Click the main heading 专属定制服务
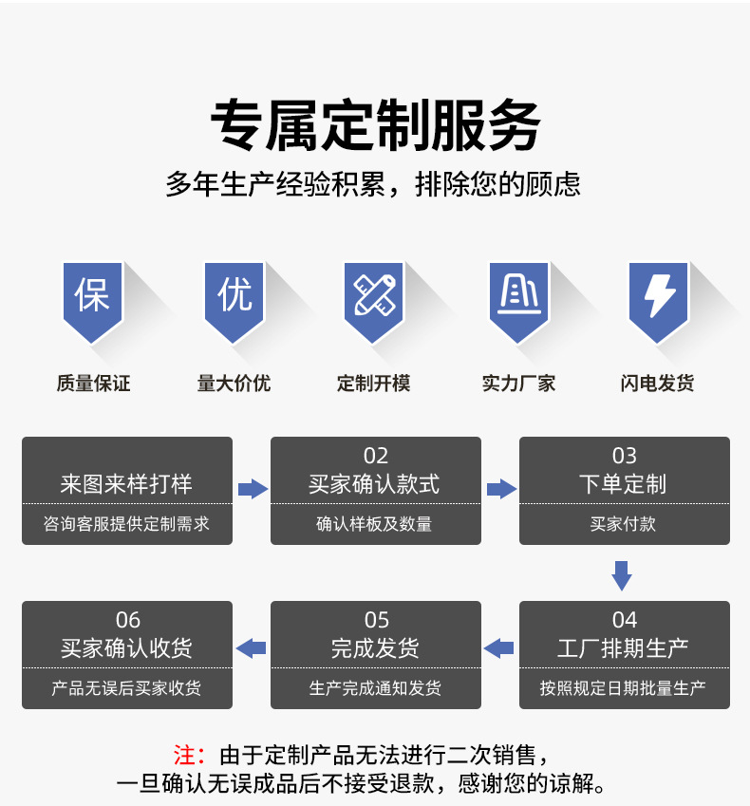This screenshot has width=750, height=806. (375, 125)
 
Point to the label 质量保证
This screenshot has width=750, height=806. (93, 384)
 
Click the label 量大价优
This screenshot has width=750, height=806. (234, 384)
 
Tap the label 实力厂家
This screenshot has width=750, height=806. (518, 384)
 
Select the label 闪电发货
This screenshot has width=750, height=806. (658, 384)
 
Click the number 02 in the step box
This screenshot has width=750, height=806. (376, 457)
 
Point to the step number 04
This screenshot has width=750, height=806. (625, 620)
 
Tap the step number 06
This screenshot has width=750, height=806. (127, 620)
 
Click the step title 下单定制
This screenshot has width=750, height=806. (624, 484)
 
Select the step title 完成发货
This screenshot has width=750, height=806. (376, 648)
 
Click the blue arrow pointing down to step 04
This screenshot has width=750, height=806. (622, 574)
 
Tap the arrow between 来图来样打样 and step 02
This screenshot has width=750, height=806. (252, 489)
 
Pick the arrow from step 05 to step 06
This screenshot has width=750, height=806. (251, 648)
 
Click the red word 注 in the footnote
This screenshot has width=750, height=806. (186, 756)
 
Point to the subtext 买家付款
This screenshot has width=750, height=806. (624, 524)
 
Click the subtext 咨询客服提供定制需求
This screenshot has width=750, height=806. (127, 524)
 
